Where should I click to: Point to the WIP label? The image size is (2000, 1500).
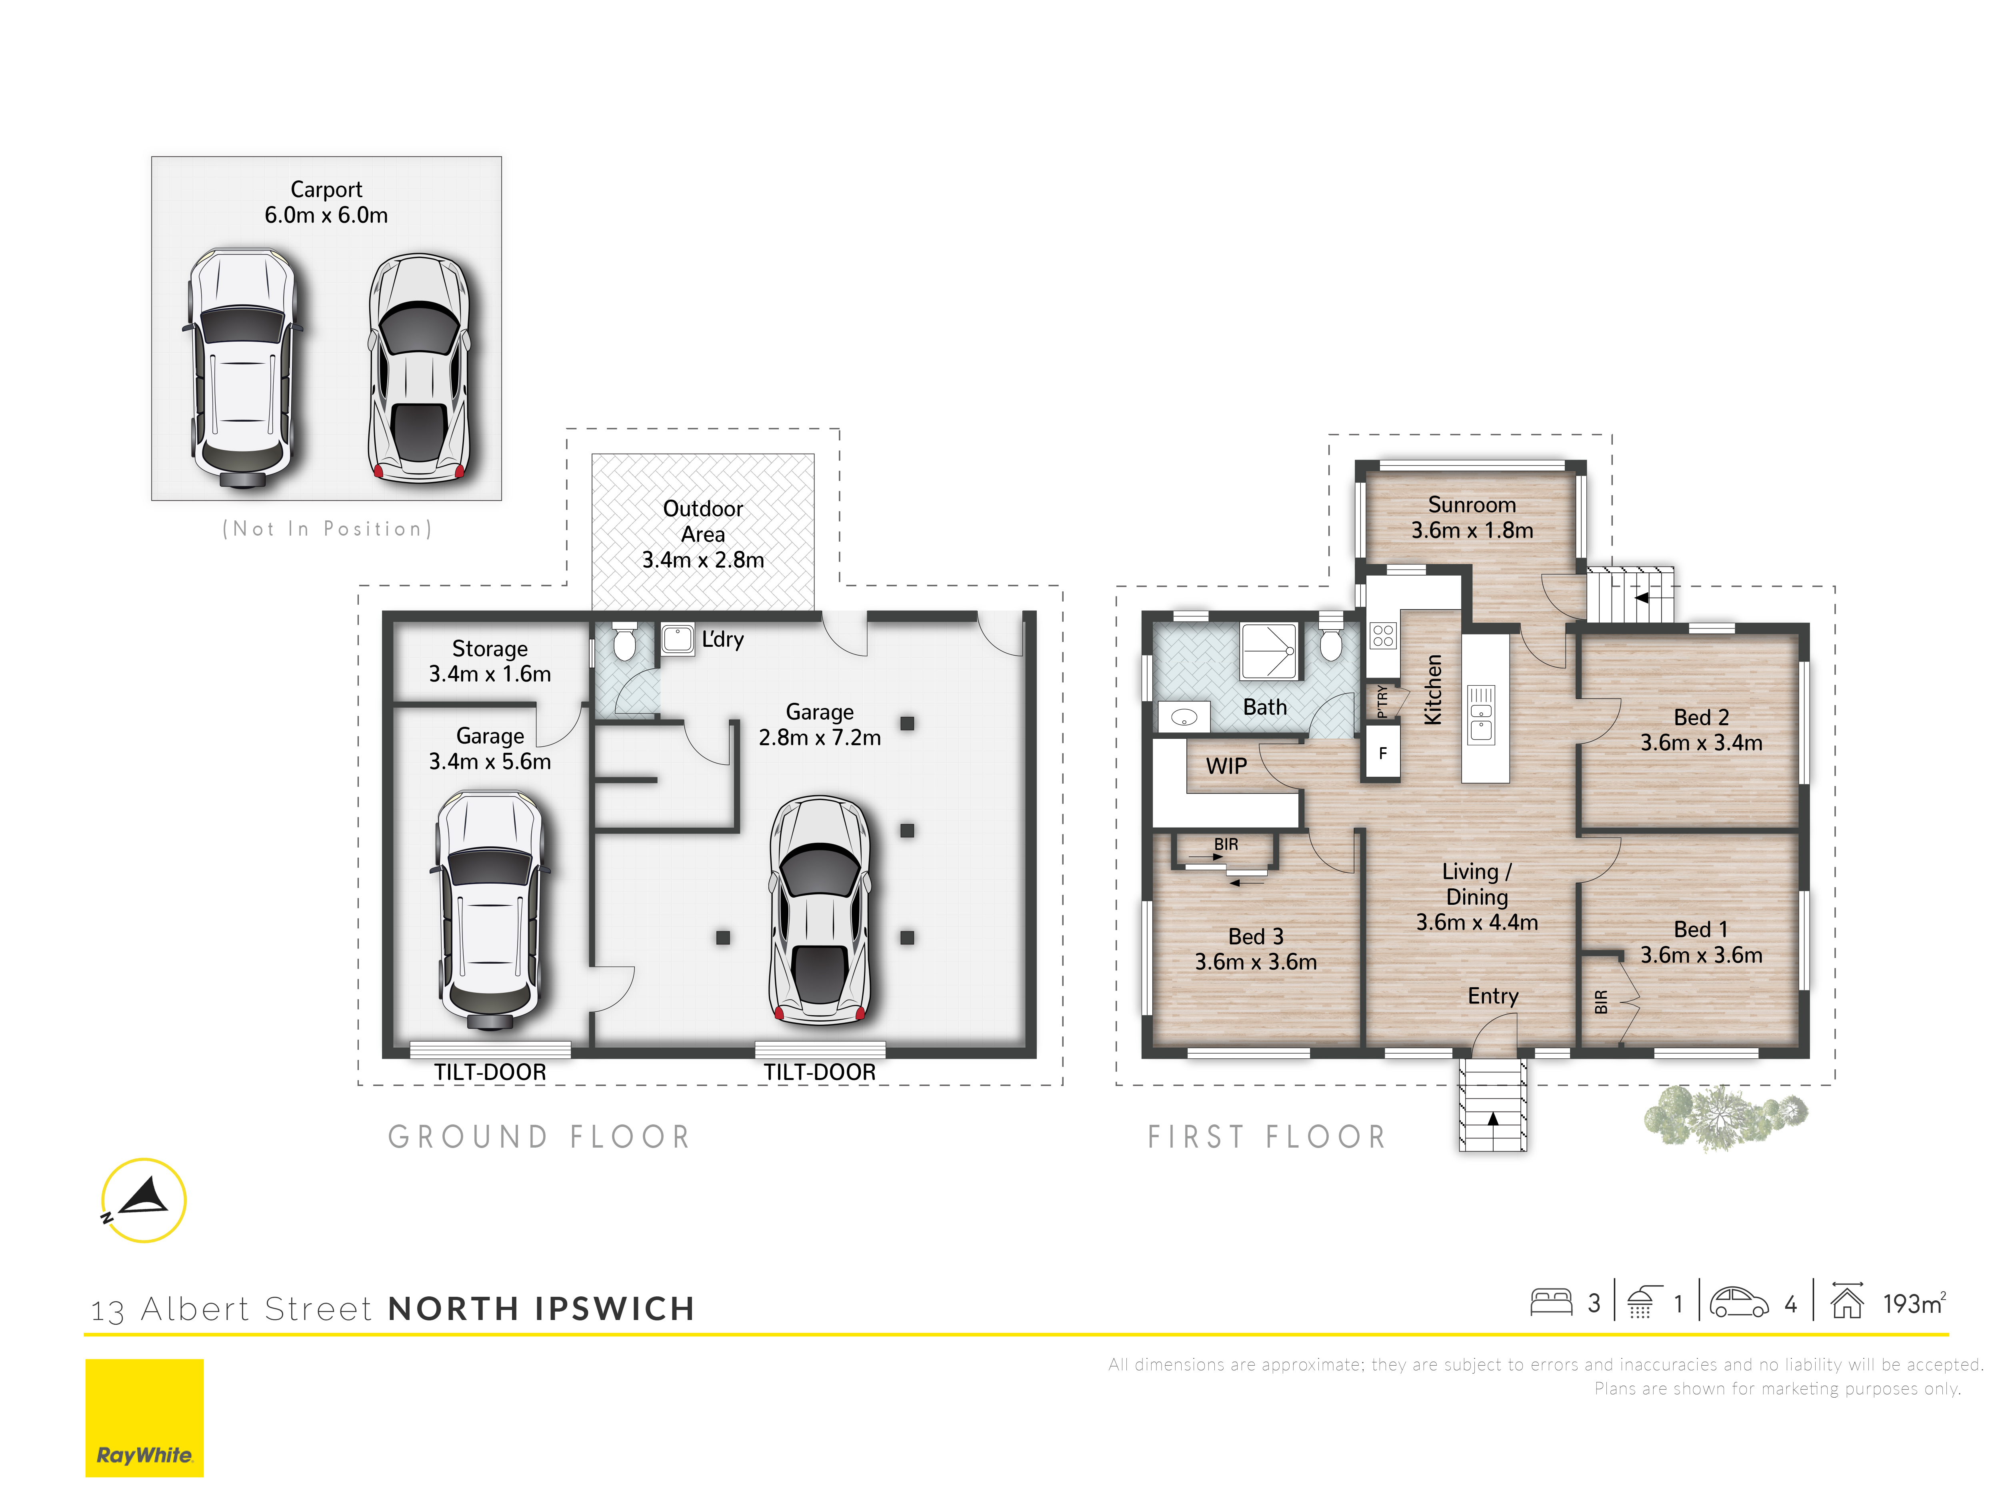[1226, 766]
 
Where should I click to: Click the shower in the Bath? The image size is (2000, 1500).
[1270, 650]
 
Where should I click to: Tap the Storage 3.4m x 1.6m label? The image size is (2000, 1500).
[489, 661]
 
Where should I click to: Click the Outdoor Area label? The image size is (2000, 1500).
[702, 534]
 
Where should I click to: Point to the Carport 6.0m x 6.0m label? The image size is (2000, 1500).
[326, 202]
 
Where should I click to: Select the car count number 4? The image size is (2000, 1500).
[1790, 1304]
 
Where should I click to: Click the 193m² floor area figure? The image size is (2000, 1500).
[1914, 1303]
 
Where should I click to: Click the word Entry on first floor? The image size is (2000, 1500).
[1493, 996]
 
